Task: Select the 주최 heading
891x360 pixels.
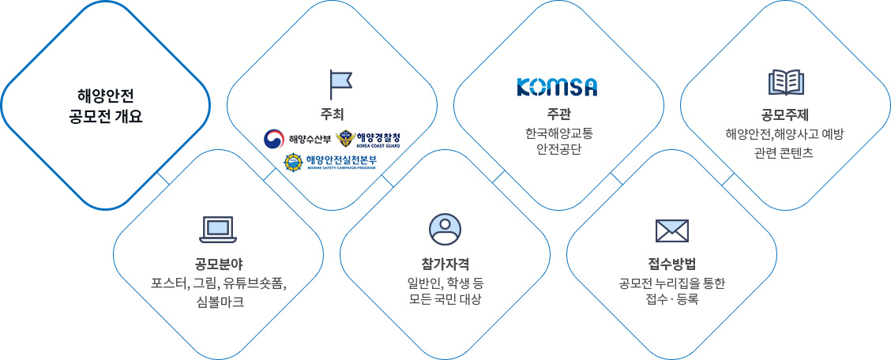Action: [332, 111]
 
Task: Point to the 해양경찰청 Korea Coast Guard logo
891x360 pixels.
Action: [368, 139]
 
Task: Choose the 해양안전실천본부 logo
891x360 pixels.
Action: [330, 162]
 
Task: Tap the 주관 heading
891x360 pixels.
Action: [558, 111]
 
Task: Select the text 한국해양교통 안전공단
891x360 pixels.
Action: [558, 143]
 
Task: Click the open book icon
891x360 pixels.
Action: [786, 83]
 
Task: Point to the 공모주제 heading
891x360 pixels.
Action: [786, 111]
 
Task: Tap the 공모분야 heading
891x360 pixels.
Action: [218, 264]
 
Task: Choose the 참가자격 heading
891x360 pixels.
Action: [445, 264]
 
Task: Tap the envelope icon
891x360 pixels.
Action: [672, 231]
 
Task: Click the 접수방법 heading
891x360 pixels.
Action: [672, 264]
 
